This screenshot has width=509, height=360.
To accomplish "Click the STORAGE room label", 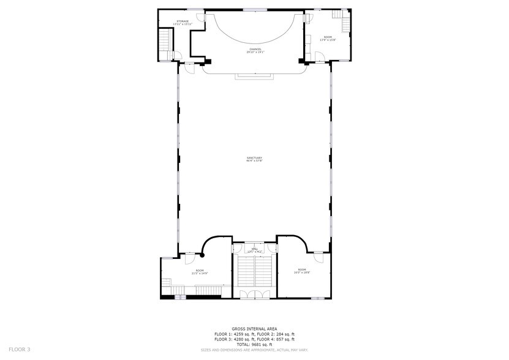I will coord(183,21).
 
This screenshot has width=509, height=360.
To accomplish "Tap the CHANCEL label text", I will coord(255,49).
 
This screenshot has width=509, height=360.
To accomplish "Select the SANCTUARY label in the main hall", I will coord(254,158).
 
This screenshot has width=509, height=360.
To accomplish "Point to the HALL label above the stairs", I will coord(254,249).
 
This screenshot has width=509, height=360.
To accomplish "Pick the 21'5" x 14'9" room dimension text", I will coord(200,273).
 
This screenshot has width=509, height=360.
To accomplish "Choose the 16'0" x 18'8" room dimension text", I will coord(302,272).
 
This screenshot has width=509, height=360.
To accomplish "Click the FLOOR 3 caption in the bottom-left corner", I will coord(20,349).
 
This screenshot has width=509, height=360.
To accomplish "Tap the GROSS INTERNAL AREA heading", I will coord(254,329).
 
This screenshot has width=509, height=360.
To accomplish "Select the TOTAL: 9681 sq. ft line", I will coord(254,344).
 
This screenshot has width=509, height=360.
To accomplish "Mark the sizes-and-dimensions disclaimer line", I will coord(254,350).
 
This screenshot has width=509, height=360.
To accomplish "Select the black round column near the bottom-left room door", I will coord(203,254).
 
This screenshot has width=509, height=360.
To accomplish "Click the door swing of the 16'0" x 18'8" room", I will coord(319,257).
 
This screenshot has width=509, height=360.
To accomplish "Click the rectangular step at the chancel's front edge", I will coord(254,76).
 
